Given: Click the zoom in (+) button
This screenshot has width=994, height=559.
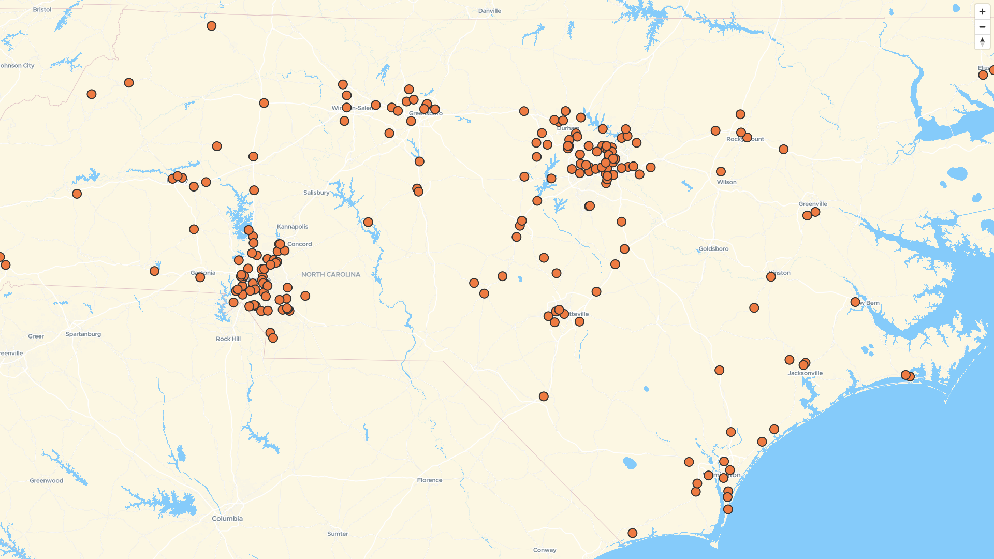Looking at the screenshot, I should [x=982, y=11].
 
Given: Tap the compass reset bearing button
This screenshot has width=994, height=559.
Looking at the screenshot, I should [x=982, y=42].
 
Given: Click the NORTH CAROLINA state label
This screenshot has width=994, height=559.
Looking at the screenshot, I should [x=331, y=274].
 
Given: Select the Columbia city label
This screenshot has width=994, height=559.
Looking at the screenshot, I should [x=227, y=519].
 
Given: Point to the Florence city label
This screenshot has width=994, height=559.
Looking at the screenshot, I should [x=430, y=480].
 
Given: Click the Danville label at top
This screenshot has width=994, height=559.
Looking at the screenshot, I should [x=490, y=11].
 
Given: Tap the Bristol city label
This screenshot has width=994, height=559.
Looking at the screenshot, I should [x=42, y=10].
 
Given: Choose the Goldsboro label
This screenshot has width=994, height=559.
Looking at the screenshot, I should [x=713, y=249].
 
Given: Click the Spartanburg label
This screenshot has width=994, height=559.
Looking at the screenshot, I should [x=83, y=334].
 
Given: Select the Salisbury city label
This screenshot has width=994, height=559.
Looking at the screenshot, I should [x=316, y=193].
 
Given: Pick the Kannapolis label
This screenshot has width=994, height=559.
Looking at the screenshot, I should [x=293, y=227].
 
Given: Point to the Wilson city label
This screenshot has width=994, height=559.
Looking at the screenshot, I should [x=727, y=182].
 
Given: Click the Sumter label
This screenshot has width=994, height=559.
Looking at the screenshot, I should [x=338, y=534].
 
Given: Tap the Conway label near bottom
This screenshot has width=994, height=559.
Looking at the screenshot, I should [x=545, y=550].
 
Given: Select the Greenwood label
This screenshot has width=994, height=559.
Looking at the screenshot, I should [x=47, y=481].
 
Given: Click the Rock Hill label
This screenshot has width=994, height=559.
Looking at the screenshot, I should [x=228, y=339].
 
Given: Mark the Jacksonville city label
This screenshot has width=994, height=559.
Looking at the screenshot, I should [x=805, y=373].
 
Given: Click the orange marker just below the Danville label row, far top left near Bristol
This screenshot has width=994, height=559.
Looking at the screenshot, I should [x=211, y=26].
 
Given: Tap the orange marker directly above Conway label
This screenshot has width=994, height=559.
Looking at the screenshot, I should [x=544, y=396].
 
